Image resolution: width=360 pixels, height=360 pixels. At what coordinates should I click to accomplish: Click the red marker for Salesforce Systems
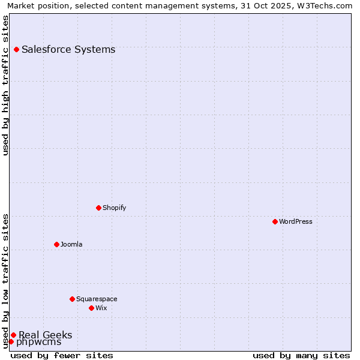[16, 49]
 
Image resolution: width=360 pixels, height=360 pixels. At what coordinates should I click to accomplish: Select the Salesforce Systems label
[68, 49]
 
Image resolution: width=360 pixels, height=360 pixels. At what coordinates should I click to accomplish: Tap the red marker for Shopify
[98, 208]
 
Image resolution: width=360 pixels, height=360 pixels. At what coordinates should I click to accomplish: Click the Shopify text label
[114, 208]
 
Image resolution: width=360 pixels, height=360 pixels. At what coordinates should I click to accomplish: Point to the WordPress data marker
[275, 221]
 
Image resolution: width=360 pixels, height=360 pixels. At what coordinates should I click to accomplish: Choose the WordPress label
[295, 221]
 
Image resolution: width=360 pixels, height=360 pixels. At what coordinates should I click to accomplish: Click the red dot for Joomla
[56, 244]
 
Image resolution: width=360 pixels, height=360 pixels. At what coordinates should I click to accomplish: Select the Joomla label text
[71, 244]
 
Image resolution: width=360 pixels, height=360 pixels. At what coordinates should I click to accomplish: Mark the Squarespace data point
[72, 299]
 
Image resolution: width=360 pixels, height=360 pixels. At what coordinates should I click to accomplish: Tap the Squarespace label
[97, 299]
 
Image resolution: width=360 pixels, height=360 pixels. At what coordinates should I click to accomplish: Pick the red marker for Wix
[91, 308]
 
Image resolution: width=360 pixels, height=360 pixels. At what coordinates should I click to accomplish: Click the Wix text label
[101, 308]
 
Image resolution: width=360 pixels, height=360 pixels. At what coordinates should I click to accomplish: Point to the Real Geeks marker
[13, 335]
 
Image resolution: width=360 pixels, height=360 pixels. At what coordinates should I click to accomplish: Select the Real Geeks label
[46, 335]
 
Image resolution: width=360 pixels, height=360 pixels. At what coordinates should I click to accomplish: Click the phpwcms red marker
[11, 341]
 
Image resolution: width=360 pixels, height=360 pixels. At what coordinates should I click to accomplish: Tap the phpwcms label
[38, 342]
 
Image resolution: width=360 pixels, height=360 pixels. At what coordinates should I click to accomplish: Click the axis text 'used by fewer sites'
[62, 355]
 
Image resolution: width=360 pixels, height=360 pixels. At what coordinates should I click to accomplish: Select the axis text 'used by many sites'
[301, 355]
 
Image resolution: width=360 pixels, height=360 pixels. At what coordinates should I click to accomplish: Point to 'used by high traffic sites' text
[5, 85]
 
